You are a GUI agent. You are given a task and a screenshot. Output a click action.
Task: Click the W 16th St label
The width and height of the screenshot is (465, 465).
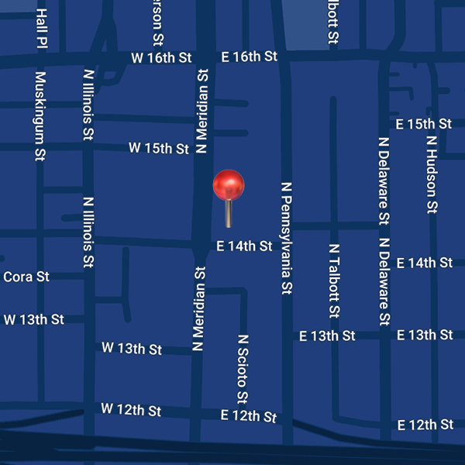(160, 58)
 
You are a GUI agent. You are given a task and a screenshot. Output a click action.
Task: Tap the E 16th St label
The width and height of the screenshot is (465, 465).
(249, 57)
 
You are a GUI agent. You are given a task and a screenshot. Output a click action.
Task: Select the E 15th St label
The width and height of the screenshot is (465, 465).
(423, 124)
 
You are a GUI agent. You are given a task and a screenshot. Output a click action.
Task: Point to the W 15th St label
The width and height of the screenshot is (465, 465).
(158, 147)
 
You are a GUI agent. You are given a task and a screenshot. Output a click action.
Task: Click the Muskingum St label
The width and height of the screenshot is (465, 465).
(40, 117)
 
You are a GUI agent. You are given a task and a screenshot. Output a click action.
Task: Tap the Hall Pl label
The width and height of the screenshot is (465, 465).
(42, 29)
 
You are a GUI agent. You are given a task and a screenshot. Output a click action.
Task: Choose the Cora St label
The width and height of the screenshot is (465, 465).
(26, 277)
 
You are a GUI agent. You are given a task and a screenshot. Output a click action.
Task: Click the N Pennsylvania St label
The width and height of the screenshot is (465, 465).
(286, 239)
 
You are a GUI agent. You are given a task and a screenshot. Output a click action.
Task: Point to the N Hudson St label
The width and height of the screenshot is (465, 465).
(432, 175)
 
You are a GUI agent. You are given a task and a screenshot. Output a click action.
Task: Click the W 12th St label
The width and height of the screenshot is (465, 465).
(131, 409)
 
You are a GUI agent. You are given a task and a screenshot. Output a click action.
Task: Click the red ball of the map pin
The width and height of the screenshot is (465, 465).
(229, 185)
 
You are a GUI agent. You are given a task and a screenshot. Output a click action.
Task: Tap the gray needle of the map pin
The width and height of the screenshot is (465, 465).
(229, 214)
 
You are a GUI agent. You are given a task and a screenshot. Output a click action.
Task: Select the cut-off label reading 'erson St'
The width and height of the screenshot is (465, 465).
(158, 22)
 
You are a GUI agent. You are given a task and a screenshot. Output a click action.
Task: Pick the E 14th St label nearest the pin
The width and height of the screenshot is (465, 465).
(244, 246)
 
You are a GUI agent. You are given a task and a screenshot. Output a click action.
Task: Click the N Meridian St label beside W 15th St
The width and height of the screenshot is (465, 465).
(203, 111)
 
